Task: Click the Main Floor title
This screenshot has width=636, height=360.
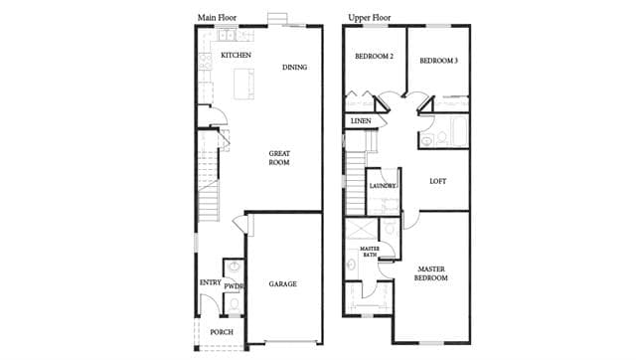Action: (217, 18)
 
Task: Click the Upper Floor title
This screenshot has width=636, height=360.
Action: (369, 18)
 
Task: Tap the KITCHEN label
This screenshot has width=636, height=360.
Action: (236, 55)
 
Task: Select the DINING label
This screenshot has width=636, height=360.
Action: (294, 67)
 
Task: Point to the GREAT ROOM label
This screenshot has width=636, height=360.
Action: (279, 158)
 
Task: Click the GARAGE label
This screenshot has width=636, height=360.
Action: (282, 283)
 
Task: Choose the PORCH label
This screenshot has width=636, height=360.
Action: (222, 332)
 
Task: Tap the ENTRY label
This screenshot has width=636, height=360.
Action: (211, 282)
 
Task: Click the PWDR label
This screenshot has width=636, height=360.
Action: (234, 286)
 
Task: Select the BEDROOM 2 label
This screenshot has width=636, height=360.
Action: (374, 57)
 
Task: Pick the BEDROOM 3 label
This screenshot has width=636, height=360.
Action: (438, 61)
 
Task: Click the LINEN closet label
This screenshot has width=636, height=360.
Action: (361, 121)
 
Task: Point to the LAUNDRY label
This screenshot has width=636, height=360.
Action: (382, 186)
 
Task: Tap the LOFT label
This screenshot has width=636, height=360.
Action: (437, 181)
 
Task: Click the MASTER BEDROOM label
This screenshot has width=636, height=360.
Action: (431, 273)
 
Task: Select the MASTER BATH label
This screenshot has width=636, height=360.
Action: (369, 252)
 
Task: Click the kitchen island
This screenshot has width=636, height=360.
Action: (243, 84)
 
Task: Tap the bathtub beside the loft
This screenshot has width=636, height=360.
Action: (459, 131)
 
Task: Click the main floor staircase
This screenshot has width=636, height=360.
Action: (208, 175)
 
